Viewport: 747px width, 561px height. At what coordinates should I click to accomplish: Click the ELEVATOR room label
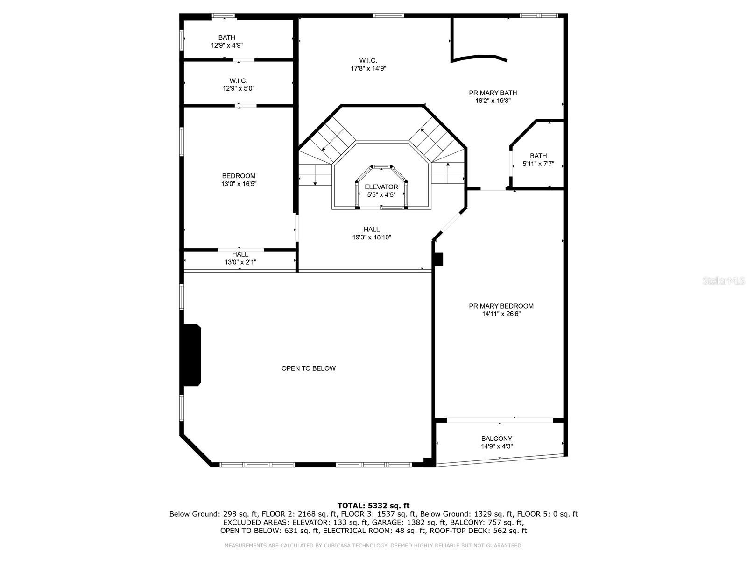(x=381, y=187)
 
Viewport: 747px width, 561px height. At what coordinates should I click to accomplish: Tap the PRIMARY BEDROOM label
(x=501, y=306)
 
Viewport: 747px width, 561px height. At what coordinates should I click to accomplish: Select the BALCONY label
(x=497, y=439)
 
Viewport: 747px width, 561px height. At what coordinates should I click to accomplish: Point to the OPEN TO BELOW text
(x=308, y=368)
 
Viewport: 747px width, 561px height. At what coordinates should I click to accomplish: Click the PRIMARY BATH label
(x=493, y=93)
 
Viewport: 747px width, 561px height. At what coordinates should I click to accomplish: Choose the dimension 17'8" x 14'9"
(x=368, y=68)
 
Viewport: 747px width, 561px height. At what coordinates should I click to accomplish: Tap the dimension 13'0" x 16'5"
(x=239, y=184)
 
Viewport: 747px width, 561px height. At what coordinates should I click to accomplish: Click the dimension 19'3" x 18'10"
(x=372, y=237)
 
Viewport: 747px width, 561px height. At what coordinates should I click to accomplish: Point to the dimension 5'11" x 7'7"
(x=538, y=164)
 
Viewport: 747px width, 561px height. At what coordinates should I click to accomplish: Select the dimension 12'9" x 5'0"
(x=239, y=88)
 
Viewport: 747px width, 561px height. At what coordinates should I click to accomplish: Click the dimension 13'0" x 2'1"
(x=240, y=262)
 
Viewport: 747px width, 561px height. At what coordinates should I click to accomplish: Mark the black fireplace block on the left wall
(x=192, y=354)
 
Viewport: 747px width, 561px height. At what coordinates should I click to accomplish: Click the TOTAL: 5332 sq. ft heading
(x=373, y=506)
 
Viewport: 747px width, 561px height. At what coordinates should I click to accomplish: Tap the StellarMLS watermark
(x=724, y=281)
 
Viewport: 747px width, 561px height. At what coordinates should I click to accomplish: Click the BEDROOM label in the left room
(x=239, y=176)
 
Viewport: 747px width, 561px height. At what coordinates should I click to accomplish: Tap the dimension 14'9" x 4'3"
(x=497, y=446)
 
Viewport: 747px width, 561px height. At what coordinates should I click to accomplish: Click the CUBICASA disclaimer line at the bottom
(x=373, y=546)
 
